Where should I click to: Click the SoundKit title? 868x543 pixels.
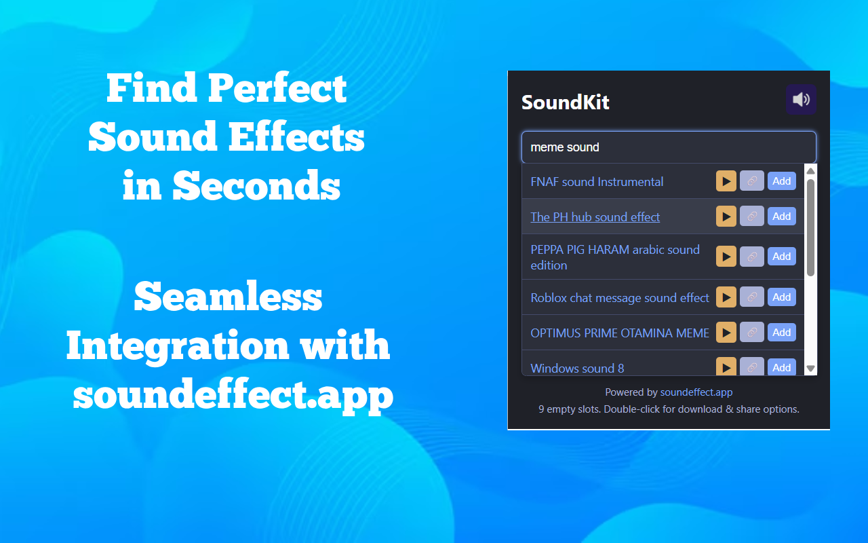(565, 102)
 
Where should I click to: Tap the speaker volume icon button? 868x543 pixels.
(801, 100)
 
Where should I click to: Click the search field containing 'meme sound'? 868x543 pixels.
(668, 147)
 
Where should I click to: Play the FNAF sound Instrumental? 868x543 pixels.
(726, 181)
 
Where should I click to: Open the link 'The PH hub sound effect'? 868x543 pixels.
(595, 217)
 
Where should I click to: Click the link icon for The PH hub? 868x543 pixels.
(751, 217)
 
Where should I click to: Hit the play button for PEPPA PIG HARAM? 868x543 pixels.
(726, 257)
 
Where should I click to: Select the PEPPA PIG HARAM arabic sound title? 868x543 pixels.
(614, 257)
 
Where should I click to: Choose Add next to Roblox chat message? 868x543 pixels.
(781, 297)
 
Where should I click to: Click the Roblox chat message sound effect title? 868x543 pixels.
(619, 298)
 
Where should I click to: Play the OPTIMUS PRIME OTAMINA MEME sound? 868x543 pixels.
(726, 333)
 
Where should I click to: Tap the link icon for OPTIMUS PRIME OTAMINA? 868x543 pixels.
(751, 333)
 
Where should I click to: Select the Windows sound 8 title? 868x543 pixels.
(577, 369)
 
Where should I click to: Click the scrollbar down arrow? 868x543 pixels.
(810, 369)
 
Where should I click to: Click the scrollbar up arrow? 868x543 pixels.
(810, 171)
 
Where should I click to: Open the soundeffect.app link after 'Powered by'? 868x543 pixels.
(696, 392)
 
